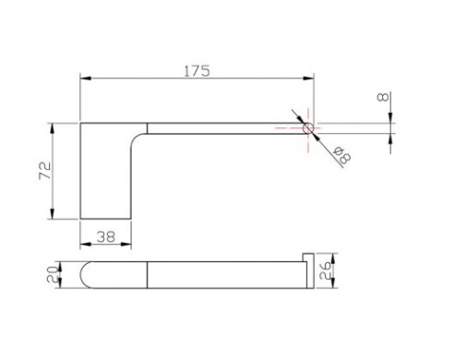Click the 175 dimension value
click(x=197, y=71)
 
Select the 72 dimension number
click(x=45, y=170)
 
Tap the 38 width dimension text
click(x=106, y=236)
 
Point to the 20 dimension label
click(x=53, y=274)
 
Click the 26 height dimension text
click(x=325, y=270)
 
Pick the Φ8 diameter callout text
click(x=342, y=155)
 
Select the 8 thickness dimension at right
click(x=383, y=97)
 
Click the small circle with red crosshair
click(x=308, y=128)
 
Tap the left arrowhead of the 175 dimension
click(x=86, y=78)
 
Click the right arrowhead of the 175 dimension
click(x=308, y=78)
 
